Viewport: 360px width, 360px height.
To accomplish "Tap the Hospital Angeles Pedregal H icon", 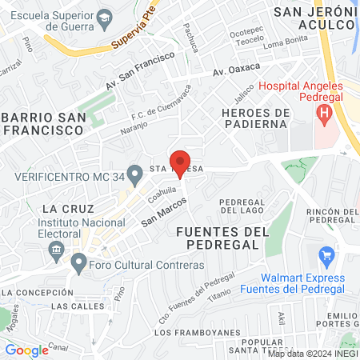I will pyautogui.click(x=323, y=114).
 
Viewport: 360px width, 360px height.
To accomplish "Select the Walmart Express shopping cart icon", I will pyautogui.click(x=326, y=256).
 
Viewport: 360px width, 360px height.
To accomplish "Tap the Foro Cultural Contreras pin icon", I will pyautogui.click(x=78, y=262).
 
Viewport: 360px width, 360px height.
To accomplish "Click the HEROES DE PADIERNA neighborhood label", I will pyautogui.click(x=254, y=117).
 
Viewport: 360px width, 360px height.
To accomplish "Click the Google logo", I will pyautogui.click(x=26, y=350).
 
